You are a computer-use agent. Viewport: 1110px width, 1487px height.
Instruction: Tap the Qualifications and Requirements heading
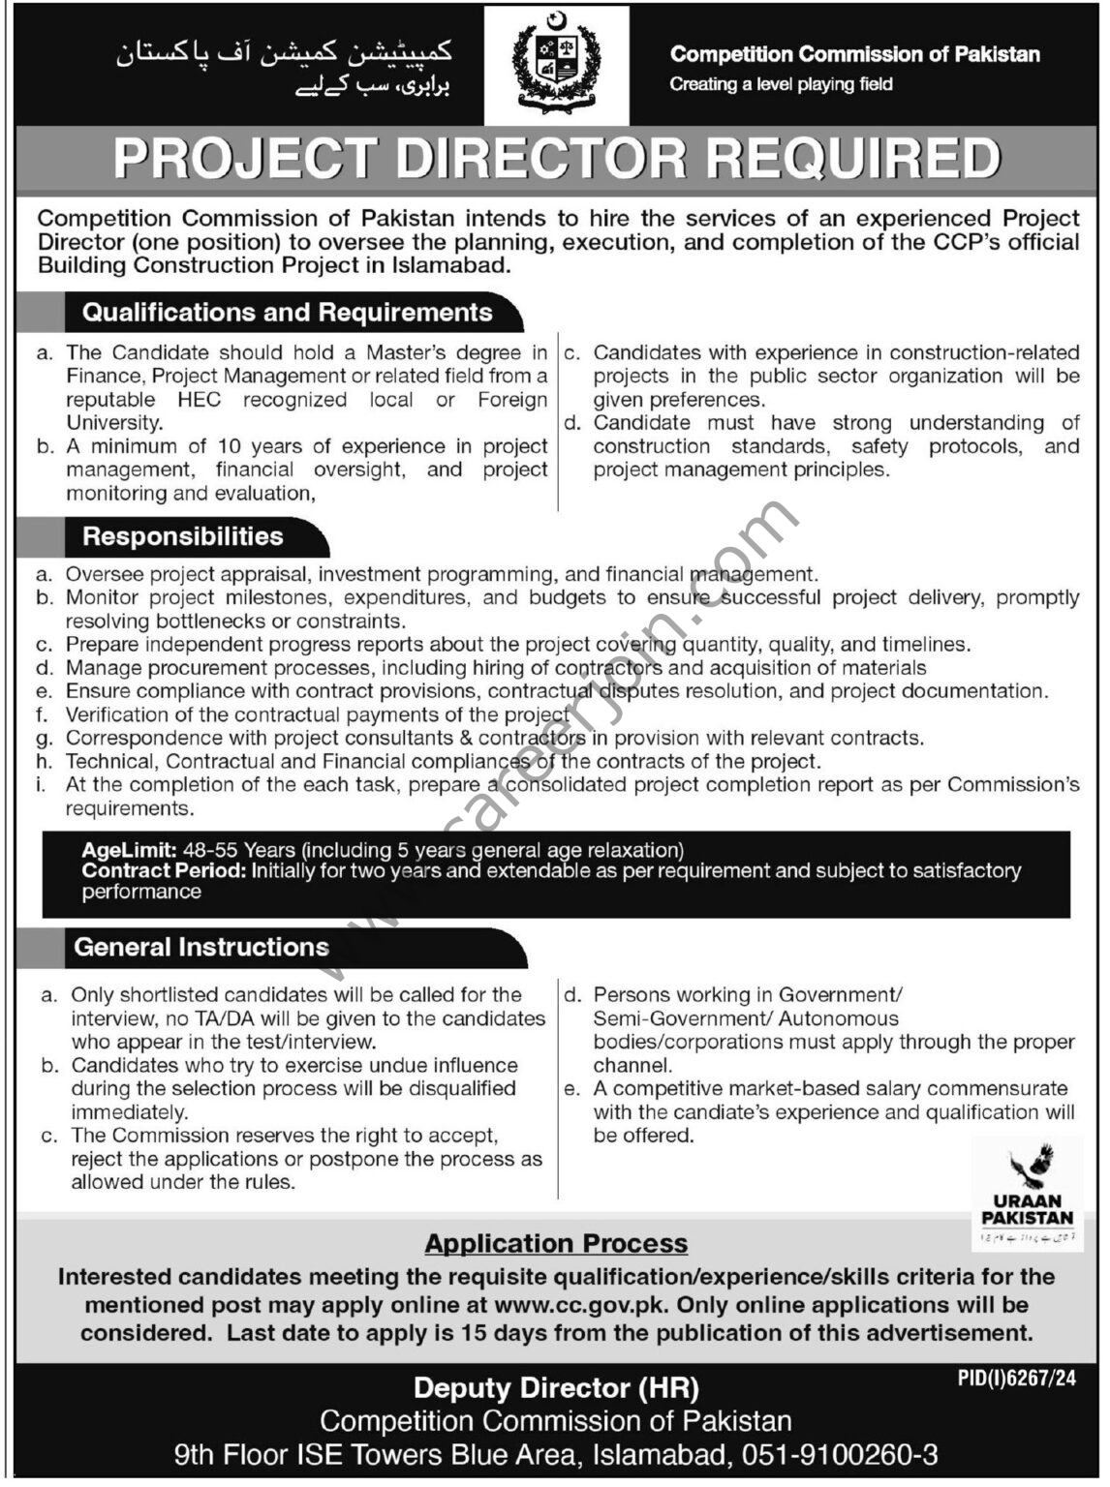[287, 313]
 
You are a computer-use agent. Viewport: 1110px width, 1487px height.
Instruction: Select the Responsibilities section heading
[182, 536]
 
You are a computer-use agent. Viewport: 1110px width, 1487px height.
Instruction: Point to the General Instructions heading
[201, 947]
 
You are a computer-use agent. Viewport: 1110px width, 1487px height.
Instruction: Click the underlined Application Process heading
[556, 1244]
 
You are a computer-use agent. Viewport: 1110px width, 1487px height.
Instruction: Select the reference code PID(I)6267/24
[1016, 1378]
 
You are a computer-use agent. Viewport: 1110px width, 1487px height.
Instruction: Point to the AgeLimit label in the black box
[128, 850]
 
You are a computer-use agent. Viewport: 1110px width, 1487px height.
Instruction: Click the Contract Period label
[163, 871]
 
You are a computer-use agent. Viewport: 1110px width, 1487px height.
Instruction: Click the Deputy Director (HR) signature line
[556, 1388]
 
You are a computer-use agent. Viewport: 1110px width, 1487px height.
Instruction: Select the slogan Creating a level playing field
[781, 84]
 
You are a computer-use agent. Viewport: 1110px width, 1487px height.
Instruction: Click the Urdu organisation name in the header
[285, 55]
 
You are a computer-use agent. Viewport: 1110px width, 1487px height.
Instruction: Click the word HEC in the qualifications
[200, 400]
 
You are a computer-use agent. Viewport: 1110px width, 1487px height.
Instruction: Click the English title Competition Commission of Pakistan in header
[854, 54]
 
